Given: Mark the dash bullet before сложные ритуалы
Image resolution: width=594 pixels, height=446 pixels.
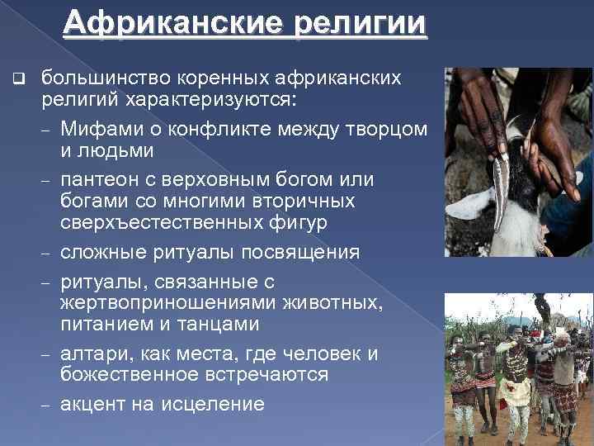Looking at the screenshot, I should point(45,253).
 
